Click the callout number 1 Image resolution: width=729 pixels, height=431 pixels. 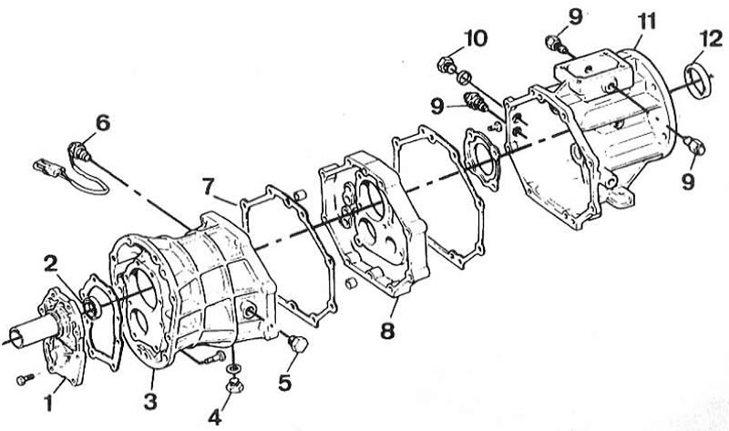pyautogui.click(x=49, y=403)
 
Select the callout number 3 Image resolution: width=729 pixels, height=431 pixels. pyautogui.click(x=150, y=401)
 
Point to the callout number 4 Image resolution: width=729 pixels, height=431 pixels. pyautogui.click(x=214, y=416)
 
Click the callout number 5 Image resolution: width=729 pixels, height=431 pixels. pyautogui.click(x=284, y=382)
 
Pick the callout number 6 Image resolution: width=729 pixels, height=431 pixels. pyautogui.click(x=103, y=123)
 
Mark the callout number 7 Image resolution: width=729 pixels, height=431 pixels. pyautogui.click(x=210, y=187)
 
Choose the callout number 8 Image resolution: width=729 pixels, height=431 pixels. pyautogui.click(x=386, y=331)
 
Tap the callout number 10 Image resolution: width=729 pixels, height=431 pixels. pyautogui.click(x=475, y=38)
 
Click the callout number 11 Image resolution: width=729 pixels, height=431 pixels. pyautogui.click(x=646, y=21)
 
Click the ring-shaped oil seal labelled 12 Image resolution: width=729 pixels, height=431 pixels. pyautogui.click(x=698, y=81)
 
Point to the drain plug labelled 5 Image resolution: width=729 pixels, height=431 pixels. pyautogui.click(x=298, y=344)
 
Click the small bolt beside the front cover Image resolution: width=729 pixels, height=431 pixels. pyautogui.click(x=25, y=379)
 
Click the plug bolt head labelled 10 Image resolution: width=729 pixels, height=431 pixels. pyautogui.click(x=446, y=65)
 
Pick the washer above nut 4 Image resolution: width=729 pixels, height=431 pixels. pyautogui.click(x=233, y=368)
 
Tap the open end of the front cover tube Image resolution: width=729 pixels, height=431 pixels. pyautogui.click(x=16, y=339)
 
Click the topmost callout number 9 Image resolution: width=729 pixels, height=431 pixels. pyautogui.click(x=575, y=17)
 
